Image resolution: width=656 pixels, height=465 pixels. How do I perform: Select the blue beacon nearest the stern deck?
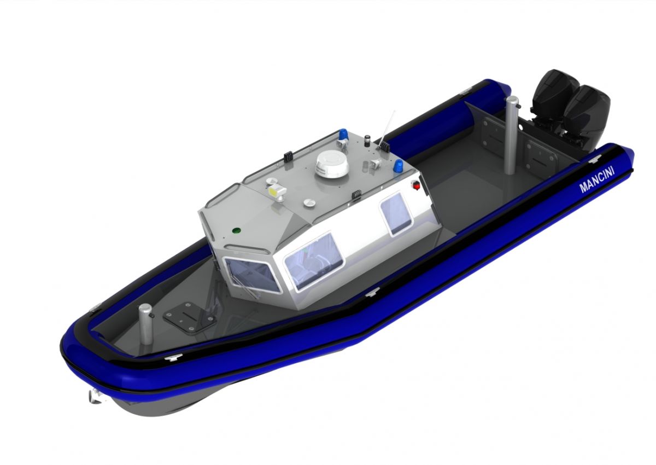coord(398,166)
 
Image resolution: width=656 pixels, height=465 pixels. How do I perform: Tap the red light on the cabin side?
coord(415,185)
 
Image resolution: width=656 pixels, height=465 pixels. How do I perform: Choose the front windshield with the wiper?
coord(252,275)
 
